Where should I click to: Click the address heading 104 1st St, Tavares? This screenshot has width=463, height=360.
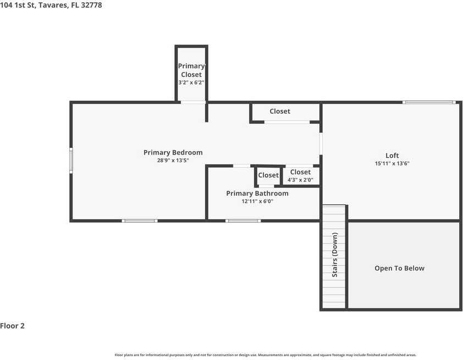coord(51,5)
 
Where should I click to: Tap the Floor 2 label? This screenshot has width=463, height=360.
coord(13,326)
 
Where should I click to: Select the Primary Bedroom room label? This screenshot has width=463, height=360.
coord(173,152)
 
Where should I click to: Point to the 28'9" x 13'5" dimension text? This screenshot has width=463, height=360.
coord(173,160)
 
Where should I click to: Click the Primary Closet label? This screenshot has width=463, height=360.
coord(191,70)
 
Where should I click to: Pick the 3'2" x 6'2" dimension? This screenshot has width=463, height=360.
coord(191,82)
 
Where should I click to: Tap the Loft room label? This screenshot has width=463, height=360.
coord(392,156)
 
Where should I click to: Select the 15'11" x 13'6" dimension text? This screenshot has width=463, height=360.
coord(392,163)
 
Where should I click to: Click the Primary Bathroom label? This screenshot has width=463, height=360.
coord(257,193)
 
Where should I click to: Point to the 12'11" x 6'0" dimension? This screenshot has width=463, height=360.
coord(257,201)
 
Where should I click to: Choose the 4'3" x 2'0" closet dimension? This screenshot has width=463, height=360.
coord(300,180)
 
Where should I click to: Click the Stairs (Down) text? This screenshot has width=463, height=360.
coord(334,254)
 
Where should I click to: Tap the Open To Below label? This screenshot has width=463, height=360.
coord(399,268)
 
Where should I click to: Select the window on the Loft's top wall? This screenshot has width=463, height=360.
coord(428,102)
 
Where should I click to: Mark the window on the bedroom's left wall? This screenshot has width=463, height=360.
coord(70,160)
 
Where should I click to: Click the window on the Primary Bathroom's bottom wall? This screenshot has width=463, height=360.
coord(242,221)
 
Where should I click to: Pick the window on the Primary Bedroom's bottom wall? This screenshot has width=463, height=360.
coord(140,221)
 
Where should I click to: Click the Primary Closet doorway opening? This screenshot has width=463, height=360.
coord(193,102)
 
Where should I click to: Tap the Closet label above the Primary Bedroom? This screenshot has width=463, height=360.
coord(279,111)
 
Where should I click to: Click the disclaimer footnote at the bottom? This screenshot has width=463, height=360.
coord(265,355)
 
